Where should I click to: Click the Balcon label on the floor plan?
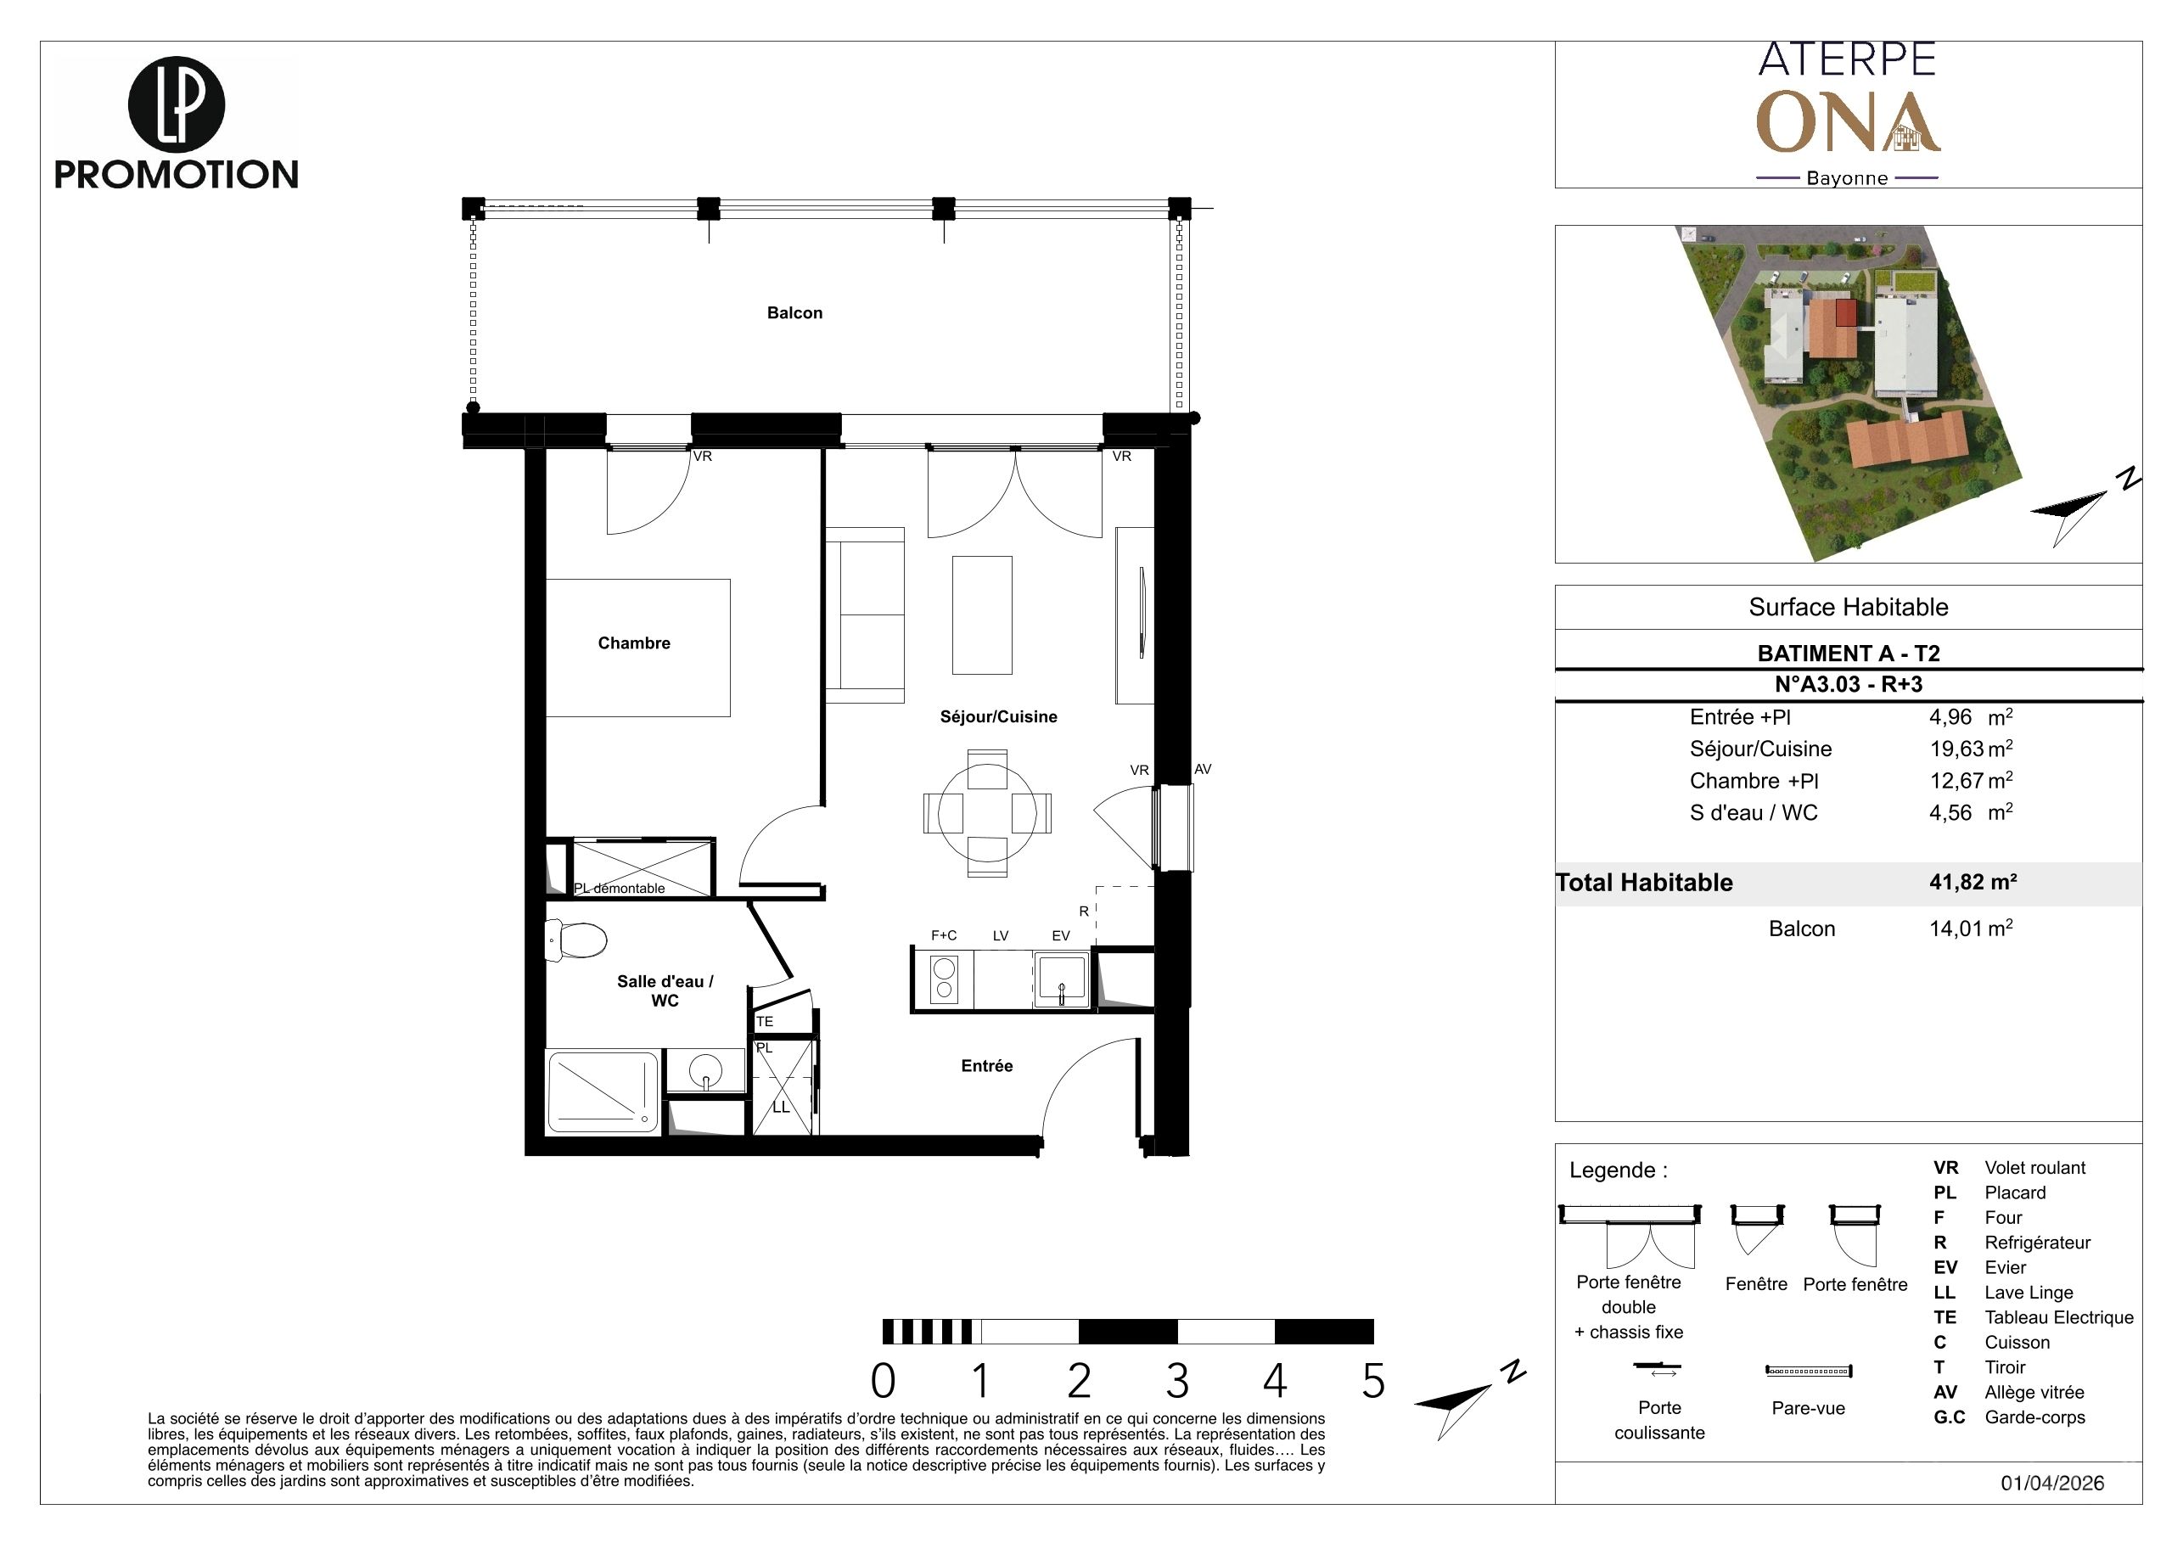click(794, 313)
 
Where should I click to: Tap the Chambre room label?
click(634, 642)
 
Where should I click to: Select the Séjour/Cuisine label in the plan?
click(998, 717)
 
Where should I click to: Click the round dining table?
click(987, 813)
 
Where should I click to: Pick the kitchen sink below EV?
click(1061, 979)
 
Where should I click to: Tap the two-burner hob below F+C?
click(944, 979)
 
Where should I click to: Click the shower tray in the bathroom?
click(602, 1091)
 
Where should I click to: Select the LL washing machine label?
click(781, 1107)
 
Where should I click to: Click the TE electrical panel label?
click(765, 1021)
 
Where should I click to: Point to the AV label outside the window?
click(1203, 769)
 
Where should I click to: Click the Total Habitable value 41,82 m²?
click(1973, 881)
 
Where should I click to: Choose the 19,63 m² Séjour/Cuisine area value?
click(1971, 749)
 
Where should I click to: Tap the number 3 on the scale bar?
click(1177, 1382)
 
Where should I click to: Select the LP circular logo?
click(176, 105)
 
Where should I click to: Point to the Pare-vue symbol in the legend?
click(1809, 1371)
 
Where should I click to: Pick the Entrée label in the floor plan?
click(987, 1066)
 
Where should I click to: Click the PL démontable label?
click(619, 888)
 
